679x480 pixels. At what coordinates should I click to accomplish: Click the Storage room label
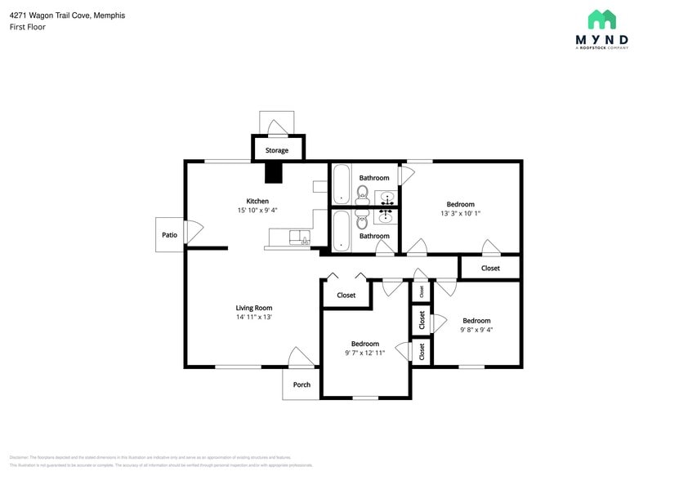tap(276, 150)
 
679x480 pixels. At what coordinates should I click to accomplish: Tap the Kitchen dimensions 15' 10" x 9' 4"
tap(257, 211)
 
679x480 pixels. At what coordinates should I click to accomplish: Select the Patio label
tap(169, 235)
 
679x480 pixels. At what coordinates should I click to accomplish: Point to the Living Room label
tap(254, 308)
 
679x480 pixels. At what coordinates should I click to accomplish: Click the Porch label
tap(302, 384)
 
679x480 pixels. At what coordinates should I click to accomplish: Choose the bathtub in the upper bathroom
tap(342, 184)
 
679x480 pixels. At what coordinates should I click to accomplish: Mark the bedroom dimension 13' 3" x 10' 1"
tap(460, 214)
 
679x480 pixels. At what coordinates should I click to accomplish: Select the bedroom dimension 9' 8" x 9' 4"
tap(476, 330)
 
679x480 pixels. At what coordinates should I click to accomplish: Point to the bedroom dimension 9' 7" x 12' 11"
tap(364, 353)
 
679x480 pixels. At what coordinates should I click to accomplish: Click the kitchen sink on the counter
tap(300, 237)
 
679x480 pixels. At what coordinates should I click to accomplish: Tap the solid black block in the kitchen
tap(273, 172)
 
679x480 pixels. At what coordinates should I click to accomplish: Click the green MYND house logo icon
tap(602, 20)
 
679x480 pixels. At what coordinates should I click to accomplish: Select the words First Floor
tap(28, 27)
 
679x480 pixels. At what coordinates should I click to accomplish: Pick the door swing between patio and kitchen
tap(194, 233)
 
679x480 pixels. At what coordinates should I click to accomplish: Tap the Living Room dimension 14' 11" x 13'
tap(254, 317)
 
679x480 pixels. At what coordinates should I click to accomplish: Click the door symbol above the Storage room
tap(277, 127)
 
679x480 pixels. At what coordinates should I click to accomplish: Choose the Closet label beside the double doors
tap(346, 295)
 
